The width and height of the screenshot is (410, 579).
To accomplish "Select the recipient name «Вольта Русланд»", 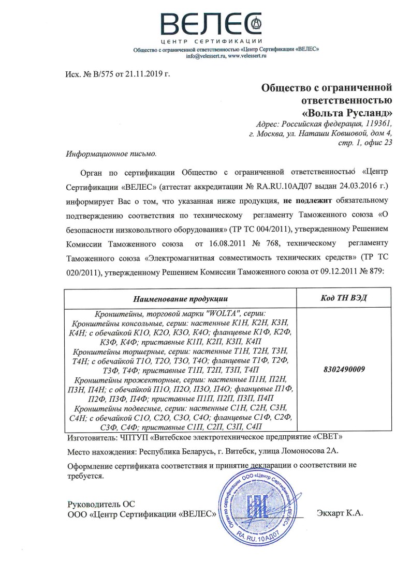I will (347, 112).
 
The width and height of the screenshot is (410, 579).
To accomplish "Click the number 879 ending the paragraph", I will (376, 271).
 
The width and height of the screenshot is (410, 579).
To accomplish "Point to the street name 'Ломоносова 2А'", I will (310, 451).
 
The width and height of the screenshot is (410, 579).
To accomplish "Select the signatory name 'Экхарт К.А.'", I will (340, 513).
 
